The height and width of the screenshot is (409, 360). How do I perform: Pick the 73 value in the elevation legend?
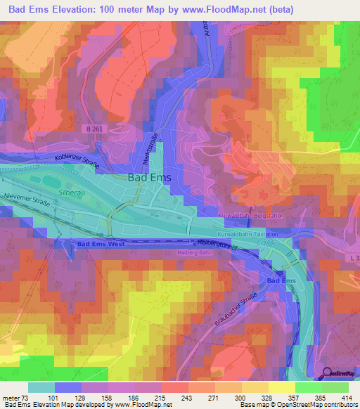click(x=27, y=397)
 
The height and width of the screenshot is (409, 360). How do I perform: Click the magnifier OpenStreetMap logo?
click(x=327, y=372)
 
